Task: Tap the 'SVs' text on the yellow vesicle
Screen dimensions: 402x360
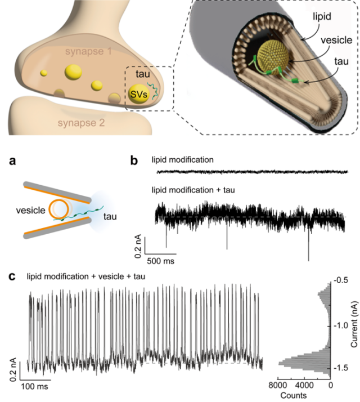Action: pyautogui.click(x=137, y=93)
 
